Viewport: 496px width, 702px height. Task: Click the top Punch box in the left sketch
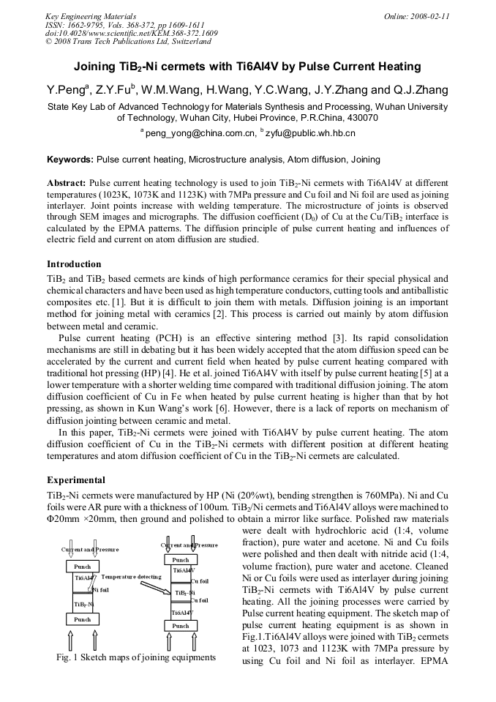click(83, 566)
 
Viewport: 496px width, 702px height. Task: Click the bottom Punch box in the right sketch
click(180, 626)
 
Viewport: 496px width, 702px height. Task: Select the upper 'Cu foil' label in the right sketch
click(200, 581)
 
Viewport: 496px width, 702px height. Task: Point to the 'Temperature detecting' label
click(131, 577)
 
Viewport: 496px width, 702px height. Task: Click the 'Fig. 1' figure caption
click(135, 657)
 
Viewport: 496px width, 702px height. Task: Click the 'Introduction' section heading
click(74, 264)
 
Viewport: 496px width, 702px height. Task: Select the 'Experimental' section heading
click(76, 480)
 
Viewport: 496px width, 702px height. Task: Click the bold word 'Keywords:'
click(70, 159)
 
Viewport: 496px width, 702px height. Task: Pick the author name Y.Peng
click(64, 91)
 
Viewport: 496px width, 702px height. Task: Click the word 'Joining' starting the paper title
click(96, 67)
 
